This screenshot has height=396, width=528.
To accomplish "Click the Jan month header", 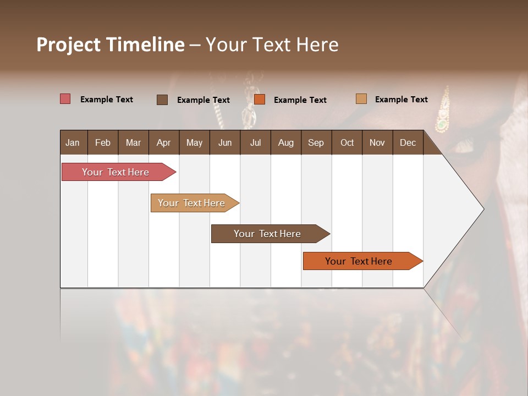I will coord(73,142).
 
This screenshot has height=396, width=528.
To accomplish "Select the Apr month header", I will coord(163,142).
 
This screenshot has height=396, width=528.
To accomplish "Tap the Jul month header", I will coord(255,142).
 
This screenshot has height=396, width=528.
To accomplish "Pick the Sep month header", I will coord(316,142).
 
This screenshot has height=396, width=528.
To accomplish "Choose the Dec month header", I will coord(408,142).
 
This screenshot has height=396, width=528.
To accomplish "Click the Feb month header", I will coord(103,142).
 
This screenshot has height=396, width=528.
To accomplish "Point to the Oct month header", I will coord(346,142).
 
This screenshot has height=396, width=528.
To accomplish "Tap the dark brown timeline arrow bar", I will coord(268,234).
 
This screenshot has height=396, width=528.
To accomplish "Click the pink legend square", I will coord(65,99).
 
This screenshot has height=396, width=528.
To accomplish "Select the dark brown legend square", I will coord(162,100).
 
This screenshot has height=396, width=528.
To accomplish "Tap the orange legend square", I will coord(260,100).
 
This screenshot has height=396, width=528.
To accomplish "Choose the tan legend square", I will coord(361,99).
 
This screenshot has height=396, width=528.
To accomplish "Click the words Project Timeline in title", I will coord(110,45).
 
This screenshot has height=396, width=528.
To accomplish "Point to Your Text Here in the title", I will coord(272,45).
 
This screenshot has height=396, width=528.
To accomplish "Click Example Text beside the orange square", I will coord(300,100).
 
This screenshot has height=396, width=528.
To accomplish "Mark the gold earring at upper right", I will coord(442,113).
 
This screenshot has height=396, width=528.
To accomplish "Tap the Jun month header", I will coord(224,142).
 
